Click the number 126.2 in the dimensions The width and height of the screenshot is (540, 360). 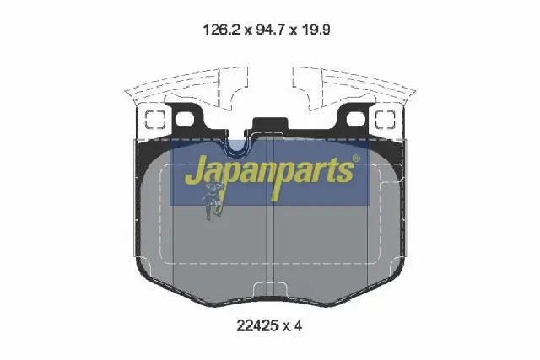tap(222, 30)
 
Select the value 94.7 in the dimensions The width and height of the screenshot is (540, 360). tap(271, 30)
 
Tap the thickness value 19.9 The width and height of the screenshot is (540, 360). tap(316, 30)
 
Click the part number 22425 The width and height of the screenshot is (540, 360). tap(257, 325)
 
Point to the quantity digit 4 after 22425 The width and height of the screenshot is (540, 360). tap(298, 325)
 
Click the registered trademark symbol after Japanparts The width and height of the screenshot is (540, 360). tap(356, 159)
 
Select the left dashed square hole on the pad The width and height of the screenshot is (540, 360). tap(154, 120)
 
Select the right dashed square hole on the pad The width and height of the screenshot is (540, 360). tap(385, 120)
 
